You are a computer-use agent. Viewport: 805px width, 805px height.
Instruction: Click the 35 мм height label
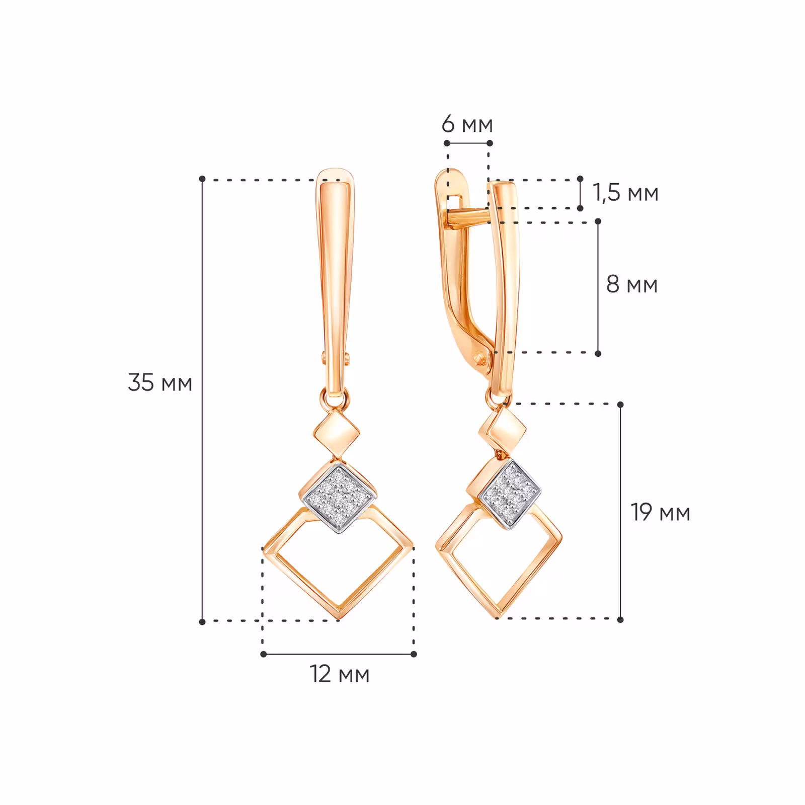160,383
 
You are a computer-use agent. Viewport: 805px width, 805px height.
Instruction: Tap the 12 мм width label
340,674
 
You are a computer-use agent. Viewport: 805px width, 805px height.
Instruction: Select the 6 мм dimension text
467,124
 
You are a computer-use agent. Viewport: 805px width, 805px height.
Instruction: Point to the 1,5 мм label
625,193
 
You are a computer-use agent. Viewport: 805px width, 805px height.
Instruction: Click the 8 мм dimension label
632,284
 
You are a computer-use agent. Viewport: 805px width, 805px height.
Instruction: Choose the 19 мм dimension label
661,513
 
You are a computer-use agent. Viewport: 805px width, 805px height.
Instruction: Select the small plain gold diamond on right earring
503,430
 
